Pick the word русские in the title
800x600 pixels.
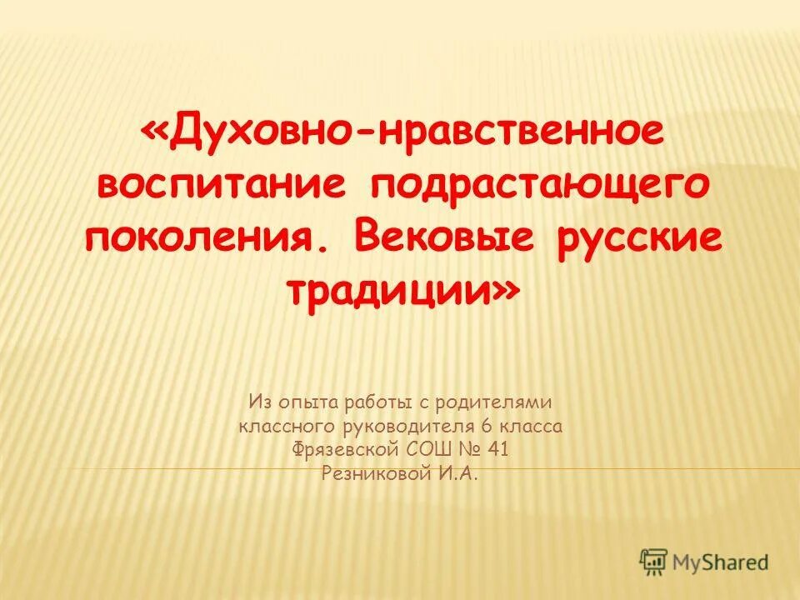tap(633, 237)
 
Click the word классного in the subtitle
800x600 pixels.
tap(287, 427)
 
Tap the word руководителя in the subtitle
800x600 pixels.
tap(417, 427)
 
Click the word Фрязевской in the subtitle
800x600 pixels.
tap(345, 451)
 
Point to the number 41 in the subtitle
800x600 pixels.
tap(497, 451)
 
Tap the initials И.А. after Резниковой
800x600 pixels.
tap(460, 474)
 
